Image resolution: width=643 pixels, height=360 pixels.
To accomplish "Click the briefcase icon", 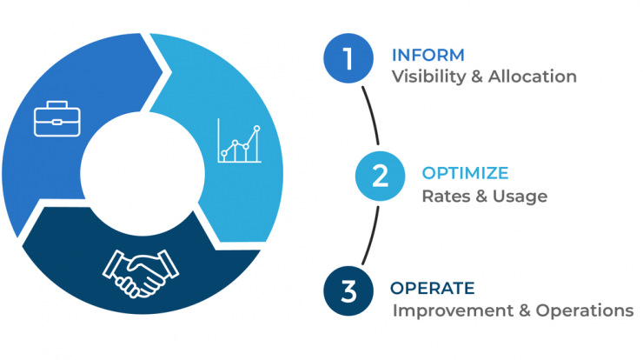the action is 57,118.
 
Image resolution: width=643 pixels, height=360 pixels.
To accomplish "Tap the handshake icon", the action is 140,273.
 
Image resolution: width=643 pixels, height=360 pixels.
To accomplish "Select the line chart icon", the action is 239,141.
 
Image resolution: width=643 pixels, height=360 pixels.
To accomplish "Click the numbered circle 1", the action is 348,58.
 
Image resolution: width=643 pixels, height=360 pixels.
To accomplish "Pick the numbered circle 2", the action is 380,177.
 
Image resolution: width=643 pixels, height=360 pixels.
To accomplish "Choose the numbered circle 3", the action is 348,291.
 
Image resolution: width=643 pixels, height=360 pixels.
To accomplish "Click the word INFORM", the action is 428,56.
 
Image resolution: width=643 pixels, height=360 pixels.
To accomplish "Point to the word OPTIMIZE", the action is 465,173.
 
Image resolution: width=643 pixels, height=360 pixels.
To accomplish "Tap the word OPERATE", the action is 432,288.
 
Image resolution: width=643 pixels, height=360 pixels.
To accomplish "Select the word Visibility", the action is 428,77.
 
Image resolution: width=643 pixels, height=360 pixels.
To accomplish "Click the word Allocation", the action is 533,77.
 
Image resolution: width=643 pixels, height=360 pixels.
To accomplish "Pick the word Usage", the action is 520,197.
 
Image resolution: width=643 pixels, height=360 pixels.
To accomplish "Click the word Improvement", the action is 453,310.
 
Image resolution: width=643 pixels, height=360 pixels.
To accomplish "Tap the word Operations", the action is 585,310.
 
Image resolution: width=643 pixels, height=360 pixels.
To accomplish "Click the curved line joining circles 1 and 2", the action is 372,115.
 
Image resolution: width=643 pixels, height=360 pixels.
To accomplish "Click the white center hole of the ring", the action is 143,174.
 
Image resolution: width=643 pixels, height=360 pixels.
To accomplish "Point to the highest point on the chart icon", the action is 256,129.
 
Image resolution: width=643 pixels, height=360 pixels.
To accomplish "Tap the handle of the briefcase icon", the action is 57,104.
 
